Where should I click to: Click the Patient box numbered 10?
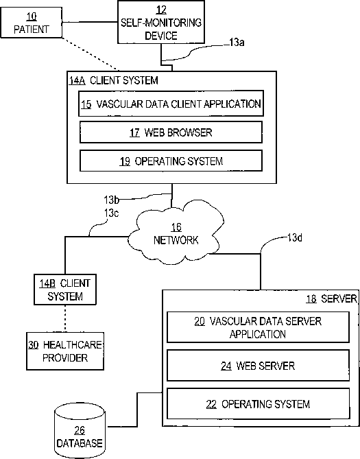[32, 23]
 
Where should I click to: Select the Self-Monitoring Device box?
[161, 22]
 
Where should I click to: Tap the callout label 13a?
[237, 43]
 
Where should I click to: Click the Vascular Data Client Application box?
[171, 104]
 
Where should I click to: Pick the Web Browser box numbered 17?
[171, 132]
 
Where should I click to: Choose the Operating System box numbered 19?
[171, 161]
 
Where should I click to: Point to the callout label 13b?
[112, 200]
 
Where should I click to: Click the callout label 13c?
[112, 213]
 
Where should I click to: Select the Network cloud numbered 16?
[176, 232]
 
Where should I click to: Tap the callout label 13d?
[295, 237]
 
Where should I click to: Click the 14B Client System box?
[65, 290]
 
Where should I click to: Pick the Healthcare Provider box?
[65, 351]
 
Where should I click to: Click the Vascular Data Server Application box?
[258, 327]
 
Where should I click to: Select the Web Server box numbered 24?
[258, 366]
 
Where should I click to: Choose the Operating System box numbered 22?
[258, 403]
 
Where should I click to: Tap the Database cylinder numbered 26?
[80, 430]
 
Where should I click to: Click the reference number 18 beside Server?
[311, 299]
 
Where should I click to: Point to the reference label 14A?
[77, 80]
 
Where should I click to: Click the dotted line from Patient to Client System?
[91, 54]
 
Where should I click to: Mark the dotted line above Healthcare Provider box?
[65, 318]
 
